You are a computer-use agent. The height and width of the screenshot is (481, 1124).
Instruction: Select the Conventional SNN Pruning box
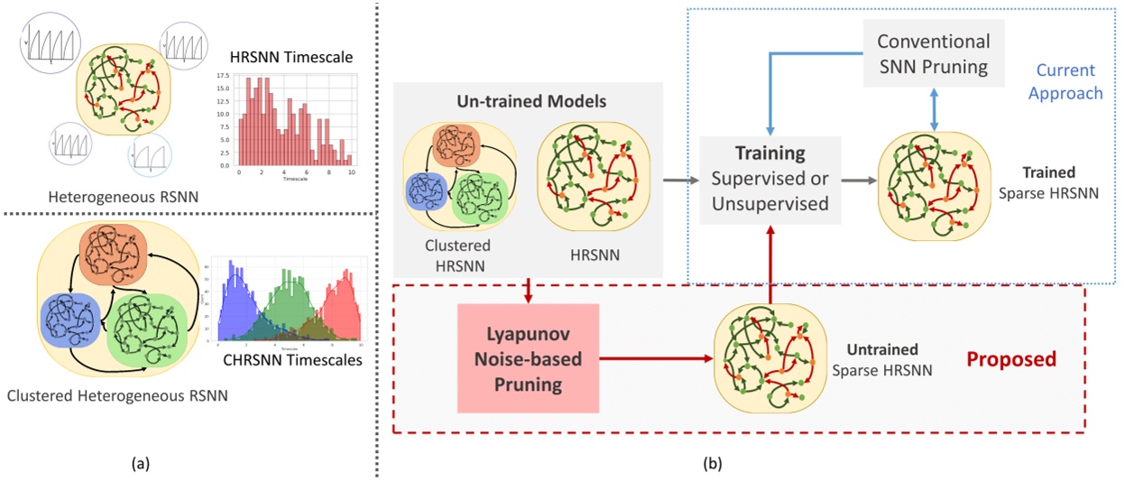pos(933,54)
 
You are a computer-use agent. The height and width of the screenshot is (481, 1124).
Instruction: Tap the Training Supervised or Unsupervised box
pos(770,180)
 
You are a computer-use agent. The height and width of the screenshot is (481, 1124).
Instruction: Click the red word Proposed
pos(1011,359)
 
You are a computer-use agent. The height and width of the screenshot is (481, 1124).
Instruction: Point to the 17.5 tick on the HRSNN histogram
pos(223,78)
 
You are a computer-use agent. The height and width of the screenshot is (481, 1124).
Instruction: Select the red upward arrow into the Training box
pos(770,262)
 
